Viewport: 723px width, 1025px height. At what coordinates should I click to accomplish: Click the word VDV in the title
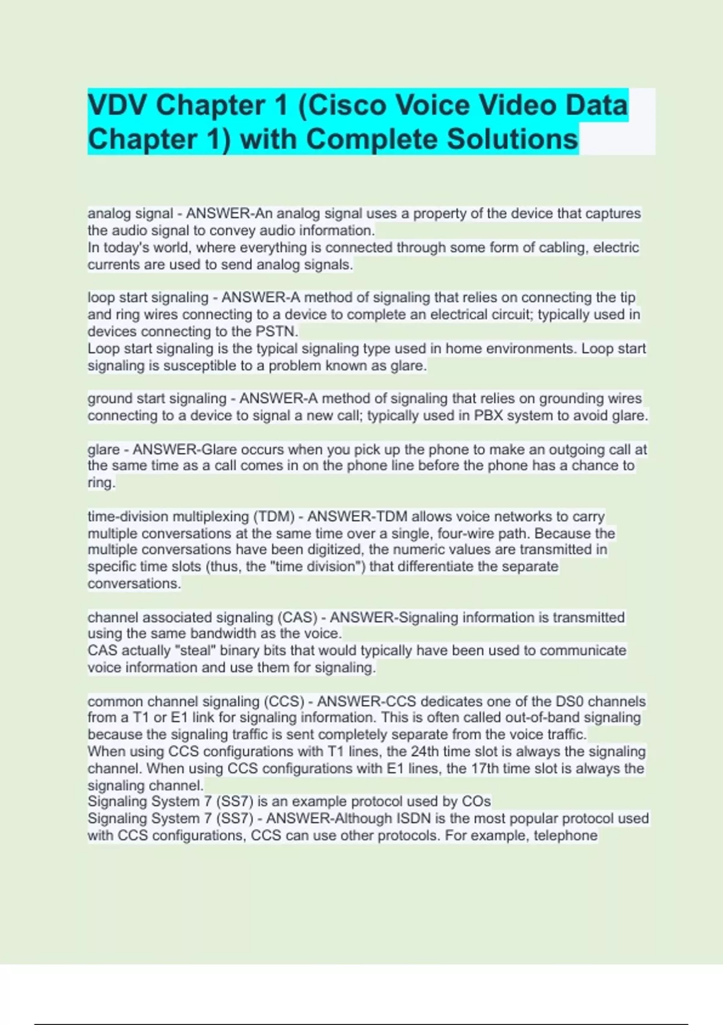pyautogui.click(x=118, y=106)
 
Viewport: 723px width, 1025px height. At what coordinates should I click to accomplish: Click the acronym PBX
pyautogui.click(x=488, y=416)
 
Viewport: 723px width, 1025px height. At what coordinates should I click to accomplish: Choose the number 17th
pyautogui.click(x=484, y=769)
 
